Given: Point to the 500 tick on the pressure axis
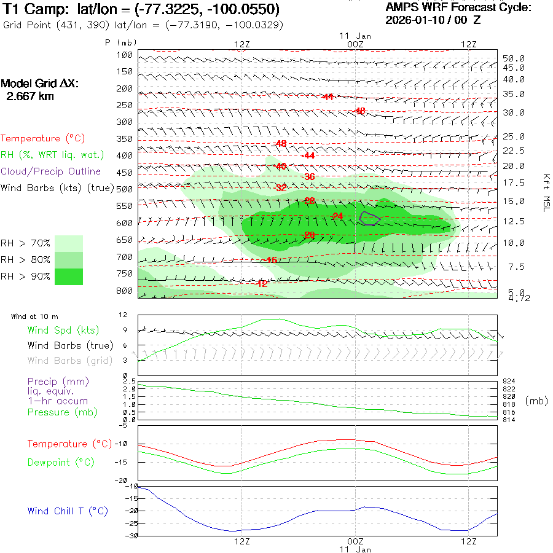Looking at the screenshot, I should [125, 189].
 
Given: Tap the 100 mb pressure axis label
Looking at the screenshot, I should [125, 55].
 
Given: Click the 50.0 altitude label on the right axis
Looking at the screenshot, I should [513, 58].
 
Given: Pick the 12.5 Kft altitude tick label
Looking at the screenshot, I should [513, 221].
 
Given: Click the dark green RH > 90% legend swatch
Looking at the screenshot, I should [69, 276].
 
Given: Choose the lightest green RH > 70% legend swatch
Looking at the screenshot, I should [69, 243].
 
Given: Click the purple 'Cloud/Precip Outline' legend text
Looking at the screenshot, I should [51, 171].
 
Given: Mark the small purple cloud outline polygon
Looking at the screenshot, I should [370, 216].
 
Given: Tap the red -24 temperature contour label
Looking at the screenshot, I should [337, 216].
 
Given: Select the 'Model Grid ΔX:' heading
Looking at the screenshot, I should [40, 84].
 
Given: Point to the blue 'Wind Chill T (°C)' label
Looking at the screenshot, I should [68, 511].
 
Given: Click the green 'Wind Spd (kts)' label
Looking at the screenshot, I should [63, 331].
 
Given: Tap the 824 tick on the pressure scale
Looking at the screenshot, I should [509, 382].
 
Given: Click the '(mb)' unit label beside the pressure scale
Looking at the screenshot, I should [536, 401].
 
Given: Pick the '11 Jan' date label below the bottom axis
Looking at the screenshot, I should [355, 549].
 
